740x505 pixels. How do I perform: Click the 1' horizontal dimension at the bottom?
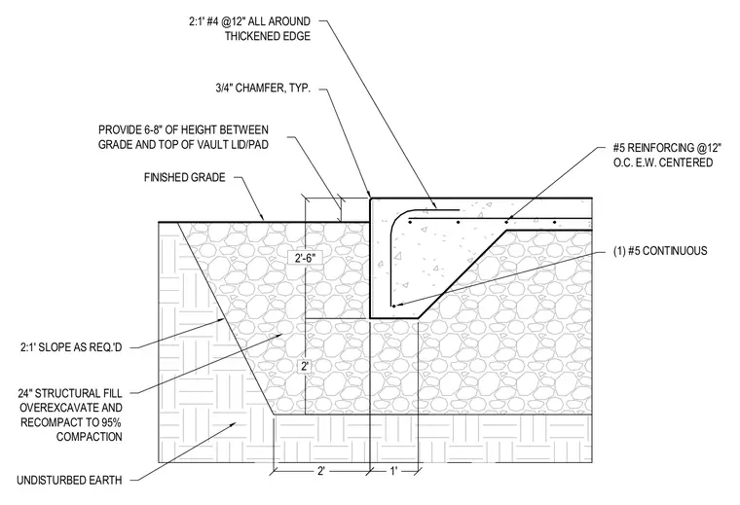[x=393, y=471]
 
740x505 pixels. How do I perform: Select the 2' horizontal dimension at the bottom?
[x=321, y=471]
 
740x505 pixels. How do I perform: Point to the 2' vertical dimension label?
[x=305, y=366]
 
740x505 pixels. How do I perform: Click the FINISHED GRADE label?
[x=185, y=177]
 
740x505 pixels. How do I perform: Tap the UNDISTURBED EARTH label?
[x=69, y=480]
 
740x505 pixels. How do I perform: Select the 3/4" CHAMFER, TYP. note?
[x=263, y=88]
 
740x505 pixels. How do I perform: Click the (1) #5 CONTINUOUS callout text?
[x=660, y=251]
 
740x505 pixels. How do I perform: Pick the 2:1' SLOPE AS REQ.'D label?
[x=71, y=347]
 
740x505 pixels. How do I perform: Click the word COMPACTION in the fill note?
[x=90, y=437]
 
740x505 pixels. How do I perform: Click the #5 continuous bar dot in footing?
[x=393, y=307]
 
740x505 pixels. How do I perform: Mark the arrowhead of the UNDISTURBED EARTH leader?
[x=233, y=424]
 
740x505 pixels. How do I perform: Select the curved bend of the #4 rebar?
[x=396, y=219]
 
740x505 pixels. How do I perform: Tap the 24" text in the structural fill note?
[x=25, y=393]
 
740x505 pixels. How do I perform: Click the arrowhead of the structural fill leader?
[x=280, y=336]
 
